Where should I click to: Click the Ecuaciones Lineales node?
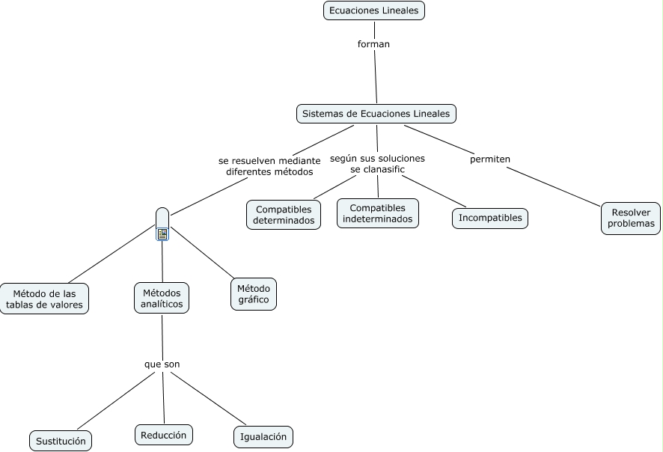[x=374, y=10]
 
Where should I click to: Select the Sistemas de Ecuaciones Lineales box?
[x=376, y=114]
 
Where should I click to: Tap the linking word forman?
[x=373, y=44]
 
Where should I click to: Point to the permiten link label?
[x=490, y=159]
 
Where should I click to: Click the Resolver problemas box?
[x=631, y=218]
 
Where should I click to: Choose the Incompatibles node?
[x=490, y=218]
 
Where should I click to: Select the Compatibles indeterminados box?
[x=377, y=213]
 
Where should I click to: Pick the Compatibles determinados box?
[x=284, y=215]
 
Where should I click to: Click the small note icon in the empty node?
[x=162, y=234]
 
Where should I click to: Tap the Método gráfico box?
[x=254, y=294]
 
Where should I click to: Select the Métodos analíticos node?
[x=162, y=298]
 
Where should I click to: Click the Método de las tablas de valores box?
[x=45, y=299]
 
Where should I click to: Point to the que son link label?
[x=162, y=364]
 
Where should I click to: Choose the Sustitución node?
[x=61, y=442]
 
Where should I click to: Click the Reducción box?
[x=165, y=435]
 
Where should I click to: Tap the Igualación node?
[x=263, y=437]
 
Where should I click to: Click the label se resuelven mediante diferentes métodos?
[x=269, y=166]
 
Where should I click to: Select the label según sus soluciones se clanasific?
[x=377, y=164]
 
